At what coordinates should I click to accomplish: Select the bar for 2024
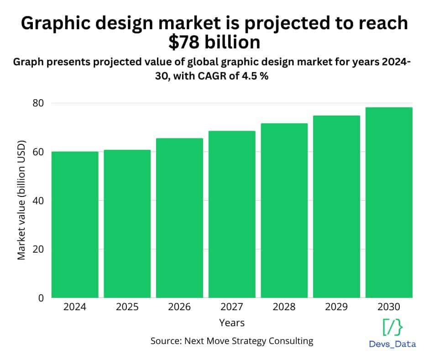tap(75, 225)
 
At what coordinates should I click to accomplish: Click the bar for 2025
tap(127, 224)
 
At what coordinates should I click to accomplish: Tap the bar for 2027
tap(232, 214)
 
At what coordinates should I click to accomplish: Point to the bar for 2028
tap(284, 211)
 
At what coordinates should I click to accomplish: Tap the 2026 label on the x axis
tap(179, 307)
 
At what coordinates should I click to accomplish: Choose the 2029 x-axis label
tap(336, 307)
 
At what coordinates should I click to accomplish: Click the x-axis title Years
tap(232, 323)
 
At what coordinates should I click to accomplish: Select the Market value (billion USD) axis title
tap(21, 201)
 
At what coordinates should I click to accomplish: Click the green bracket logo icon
tap(392, 328)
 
